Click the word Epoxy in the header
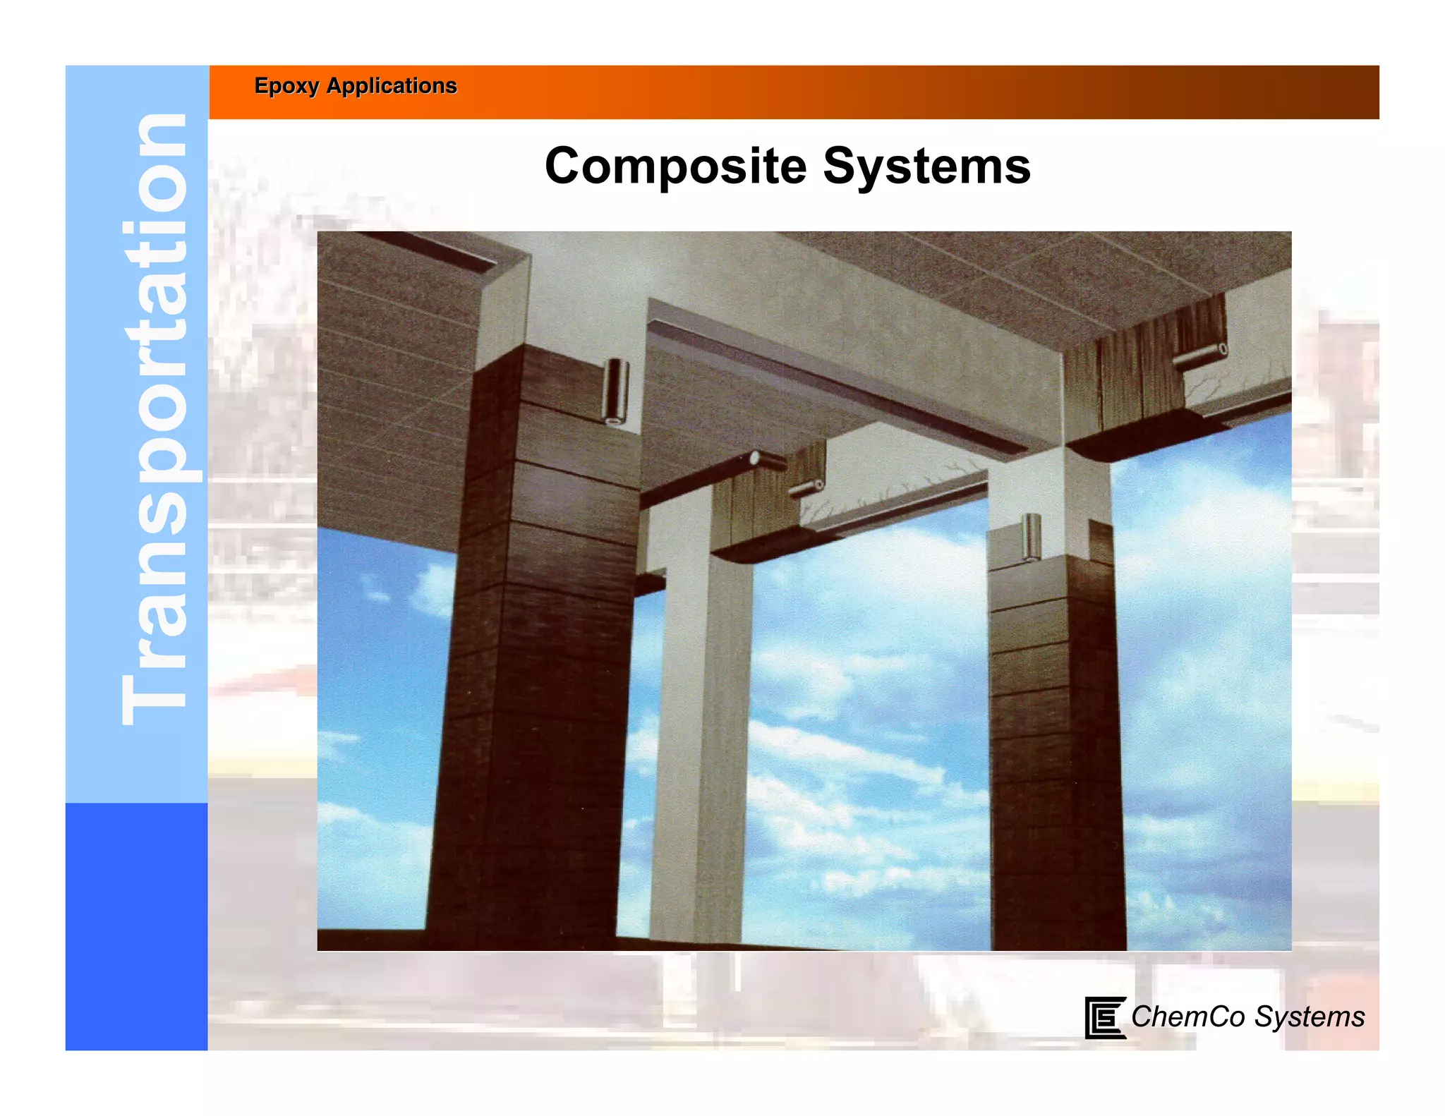(x=286, y=86)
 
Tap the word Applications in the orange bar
(x=392, y=86)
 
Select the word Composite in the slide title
(x=675, y=166)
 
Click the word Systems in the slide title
(x=926, y=166)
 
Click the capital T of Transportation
(x=154, y=698)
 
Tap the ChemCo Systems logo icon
(x=1104, y=1017)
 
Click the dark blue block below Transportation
(x=136, y=926)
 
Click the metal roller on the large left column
(x=616, y=392)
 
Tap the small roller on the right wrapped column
(x=1032, y=537)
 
